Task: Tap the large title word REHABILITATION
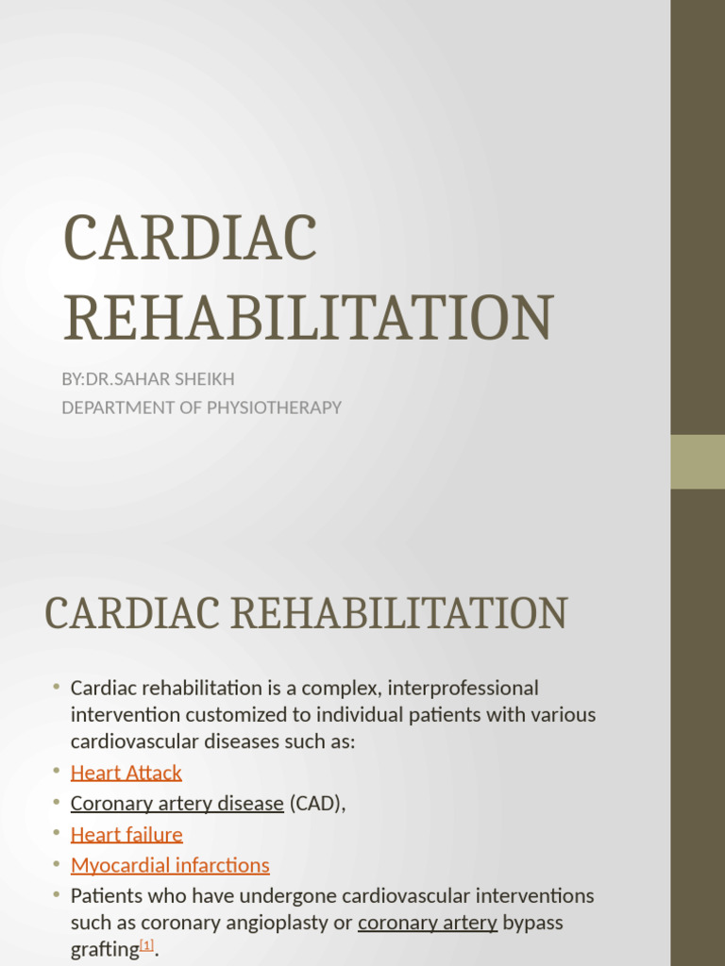(307, 319)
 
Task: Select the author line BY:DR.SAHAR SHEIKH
(148, 379)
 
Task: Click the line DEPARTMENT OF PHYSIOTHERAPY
(201, 408)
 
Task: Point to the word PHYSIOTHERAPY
(279, 408)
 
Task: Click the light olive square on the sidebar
(698, 461)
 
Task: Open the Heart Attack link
(126, 773)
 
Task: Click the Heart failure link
(126, 834)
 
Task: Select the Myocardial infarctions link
(170, 865)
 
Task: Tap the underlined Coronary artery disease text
(177, 804)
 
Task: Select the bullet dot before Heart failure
(57, 834)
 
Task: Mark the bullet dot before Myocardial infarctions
(57, 865)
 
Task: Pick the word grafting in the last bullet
(104, 951)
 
